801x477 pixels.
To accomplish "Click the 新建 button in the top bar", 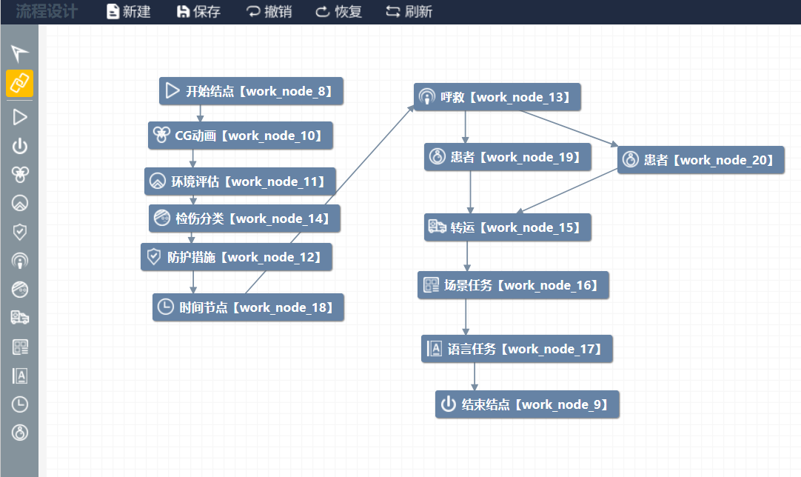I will [129, 12].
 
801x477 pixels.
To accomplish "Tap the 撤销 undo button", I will [269, 12].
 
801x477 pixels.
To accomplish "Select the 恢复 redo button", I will [339, 12].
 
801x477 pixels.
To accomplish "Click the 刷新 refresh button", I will [409, 12].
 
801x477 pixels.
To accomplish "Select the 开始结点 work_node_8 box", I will [251, 91].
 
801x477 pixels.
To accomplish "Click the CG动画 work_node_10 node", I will [240, 136].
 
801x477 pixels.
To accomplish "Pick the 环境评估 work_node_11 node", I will [240, 181].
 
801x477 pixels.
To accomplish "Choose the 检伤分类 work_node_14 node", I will [244, 219].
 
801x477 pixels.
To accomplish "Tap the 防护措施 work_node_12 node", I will [236, 257].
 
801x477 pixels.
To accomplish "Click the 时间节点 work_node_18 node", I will [248, 307].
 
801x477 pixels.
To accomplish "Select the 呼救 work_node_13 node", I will [497, 97].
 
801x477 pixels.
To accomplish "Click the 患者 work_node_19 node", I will [508, 157].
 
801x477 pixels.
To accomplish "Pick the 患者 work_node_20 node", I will [700, 159].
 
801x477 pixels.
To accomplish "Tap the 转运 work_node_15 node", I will [508, 227].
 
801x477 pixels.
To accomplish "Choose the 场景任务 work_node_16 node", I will [513, 285].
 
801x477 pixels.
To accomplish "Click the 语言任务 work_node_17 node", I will [517, 349].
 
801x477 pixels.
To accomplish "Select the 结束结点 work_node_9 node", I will [526, 404].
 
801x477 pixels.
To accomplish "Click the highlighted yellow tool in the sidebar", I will [20, 84].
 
